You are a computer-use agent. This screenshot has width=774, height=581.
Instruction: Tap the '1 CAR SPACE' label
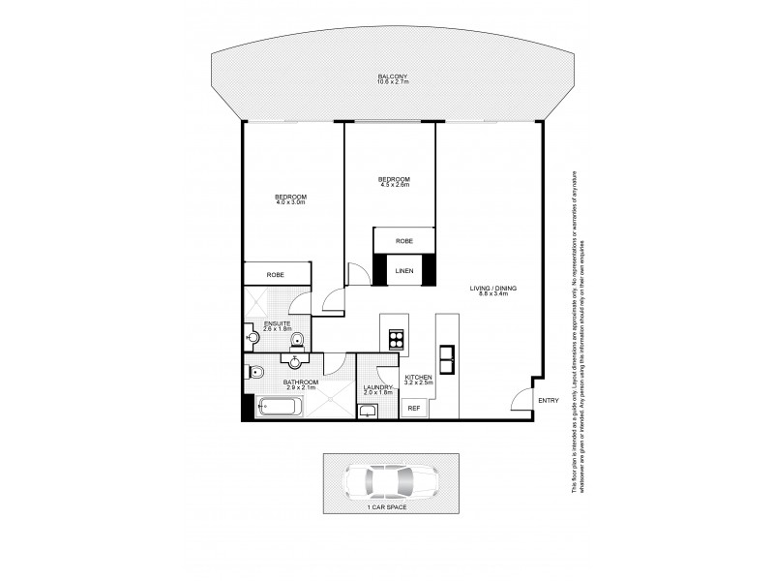pyautogui.click(x=387, y=507)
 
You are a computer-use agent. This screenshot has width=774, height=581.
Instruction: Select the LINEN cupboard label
pyautogui.click(x=404, y=270)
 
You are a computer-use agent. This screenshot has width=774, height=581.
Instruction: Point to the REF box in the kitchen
pyautogui.click(x=413, y=408)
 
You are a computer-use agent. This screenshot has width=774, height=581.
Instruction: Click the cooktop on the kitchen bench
pyautogui.click(x=396, y=339)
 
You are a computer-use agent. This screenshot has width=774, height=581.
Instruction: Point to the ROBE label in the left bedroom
pyautogui.click(x=277, y=275)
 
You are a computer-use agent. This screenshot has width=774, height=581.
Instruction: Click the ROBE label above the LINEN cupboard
pyautogui.click(x=404, y=240)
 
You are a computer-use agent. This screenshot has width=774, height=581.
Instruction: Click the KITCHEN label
pyautogui.click(x=418, y=378)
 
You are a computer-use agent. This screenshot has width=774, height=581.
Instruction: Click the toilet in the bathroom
pyautogui.click(x=257, y=373)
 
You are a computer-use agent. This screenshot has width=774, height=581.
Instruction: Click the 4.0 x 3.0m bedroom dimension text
pyautogui.click(x=289, y=202)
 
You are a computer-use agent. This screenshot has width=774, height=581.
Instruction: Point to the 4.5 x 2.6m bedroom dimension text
pyautogui.click(x=393, y=185)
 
